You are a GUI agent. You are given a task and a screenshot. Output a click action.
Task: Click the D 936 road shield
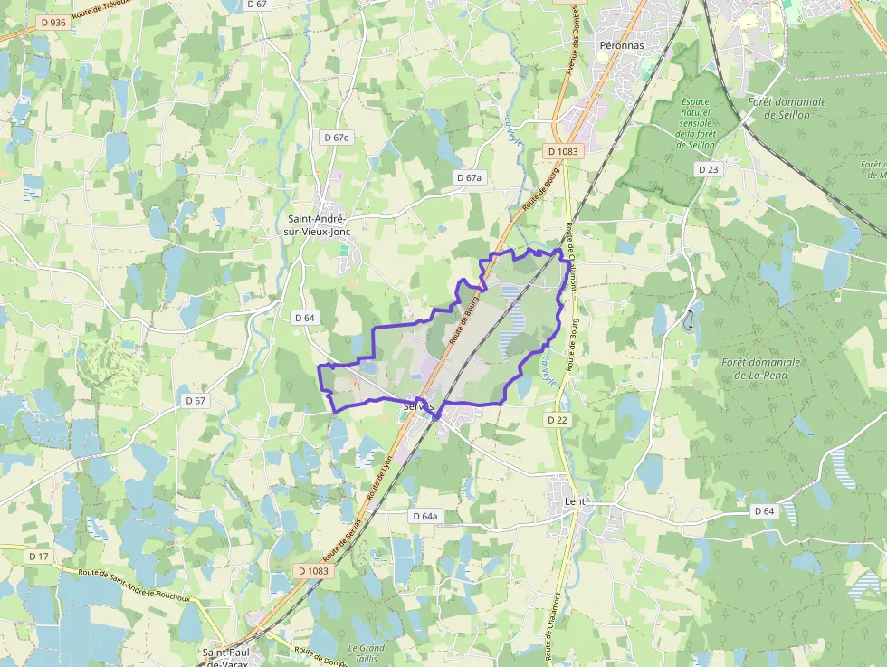[x=53, y=22]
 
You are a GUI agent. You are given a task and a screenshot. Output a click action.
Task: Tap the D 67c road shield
[x=336, y=137]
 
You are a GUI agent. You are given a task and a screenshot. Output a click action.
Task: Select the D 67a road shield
[x=471, y=178]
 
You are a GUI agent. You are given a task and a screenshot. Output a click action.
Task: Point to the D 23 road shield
[x=708, y=169]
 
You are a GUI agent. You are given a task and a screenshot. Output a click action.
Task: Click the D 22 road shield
[x=558, y=420]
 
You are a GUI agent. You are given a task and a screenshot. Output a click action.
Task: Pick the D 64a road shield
[x=424, y=516]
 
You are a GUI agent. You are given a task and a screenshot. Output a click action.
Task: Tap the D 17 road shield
[x=38, y=556]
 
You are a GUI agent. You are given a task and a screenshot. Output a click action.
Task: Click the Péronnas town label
[x=622, y=43]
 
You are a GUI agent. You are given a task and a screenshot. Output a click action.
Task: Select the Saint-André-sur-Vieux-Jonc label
[x=318, y=224]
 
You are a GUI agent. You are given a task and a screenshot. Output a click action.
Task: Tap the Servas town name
[x=418, y=407]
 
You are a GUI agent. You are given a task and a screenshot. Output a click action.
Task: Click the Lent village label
[x=575, y=500]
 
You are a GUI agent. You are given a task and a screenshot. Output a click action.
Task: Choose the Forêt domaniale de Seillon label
[x=787, y=109]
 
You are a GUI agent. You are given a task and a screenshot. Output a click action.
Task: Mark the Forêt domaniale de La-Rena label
[x=760, y=368]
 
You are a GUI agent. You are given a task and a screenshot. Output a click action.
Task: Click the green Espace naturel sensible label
[x=696, y=122]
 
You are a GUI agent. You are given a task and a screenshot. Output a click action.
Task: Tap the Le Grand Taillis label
[x=366, y=653]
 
